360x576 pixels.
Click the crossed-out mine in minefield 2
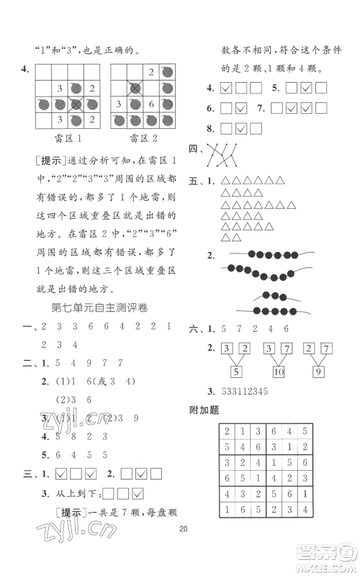(135, 88)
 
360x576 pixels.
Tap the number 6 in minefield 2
(151, 104)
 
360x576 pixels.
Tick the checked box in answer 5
(306, 89)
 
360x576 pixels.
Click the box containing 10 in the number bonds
(281, 372)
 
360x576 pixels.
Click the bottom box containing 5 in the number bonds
(237, 372)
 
